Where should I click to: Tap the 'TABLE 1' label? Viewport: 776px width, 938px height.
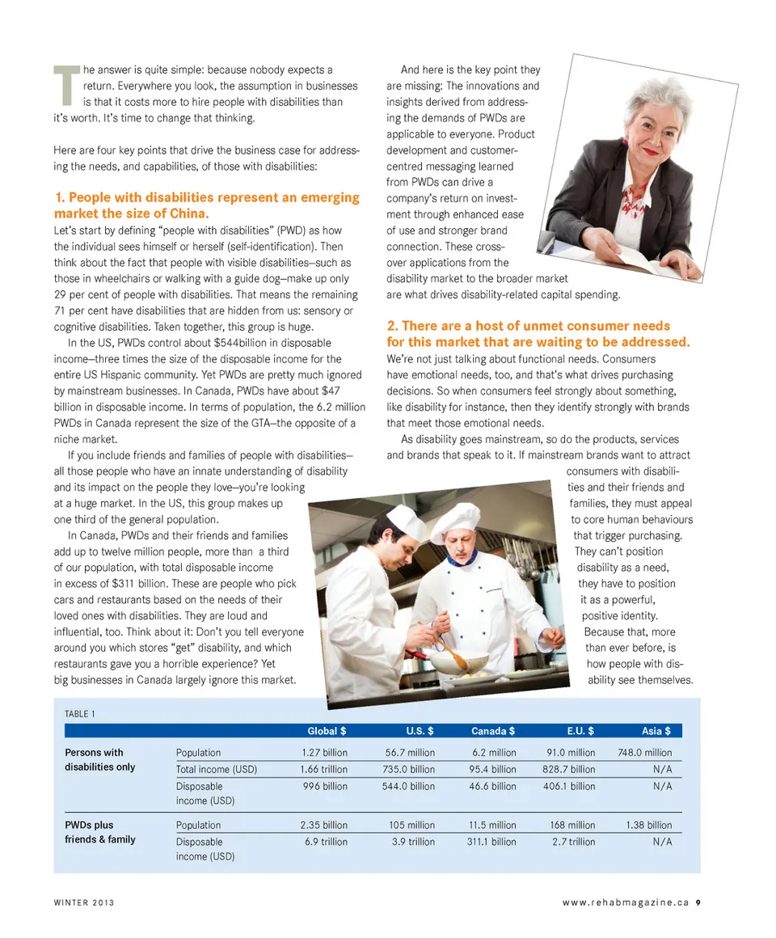80,713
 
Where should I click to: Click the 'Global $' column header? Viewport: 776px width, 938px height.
327,731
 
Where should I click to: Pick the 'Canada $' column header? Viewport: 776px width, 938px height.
493,731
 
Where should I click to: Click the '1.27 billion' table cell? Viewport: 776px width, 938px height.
324,753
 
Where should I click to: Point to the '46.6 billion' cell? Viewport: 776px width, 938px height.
491,786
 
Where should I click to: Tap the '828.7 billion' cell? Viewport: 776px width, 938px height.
569,770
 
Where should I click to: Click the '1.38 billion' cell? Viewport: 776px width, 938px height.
648,826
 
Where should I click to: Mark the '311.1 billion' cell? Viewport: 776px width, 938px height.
491,842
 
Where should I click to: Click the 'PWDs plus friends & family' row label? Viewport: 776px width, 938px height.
100,832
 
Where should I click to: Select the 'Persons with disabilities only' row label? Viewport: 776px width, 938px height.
99,759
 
